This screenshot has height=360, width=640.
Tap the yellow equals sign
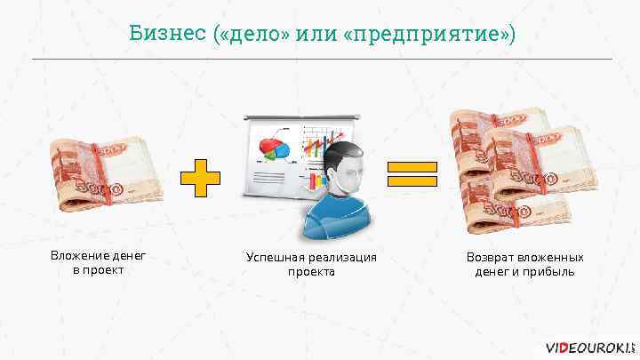(x=412, y=175)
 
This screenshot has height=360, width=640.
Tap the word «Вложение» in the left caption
(x=82, y=257)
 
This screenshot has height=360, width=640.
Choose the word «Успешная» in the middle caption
(x=275, y=258)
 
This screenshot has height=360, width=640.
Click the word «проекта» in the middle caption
(x=310, y=271)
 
